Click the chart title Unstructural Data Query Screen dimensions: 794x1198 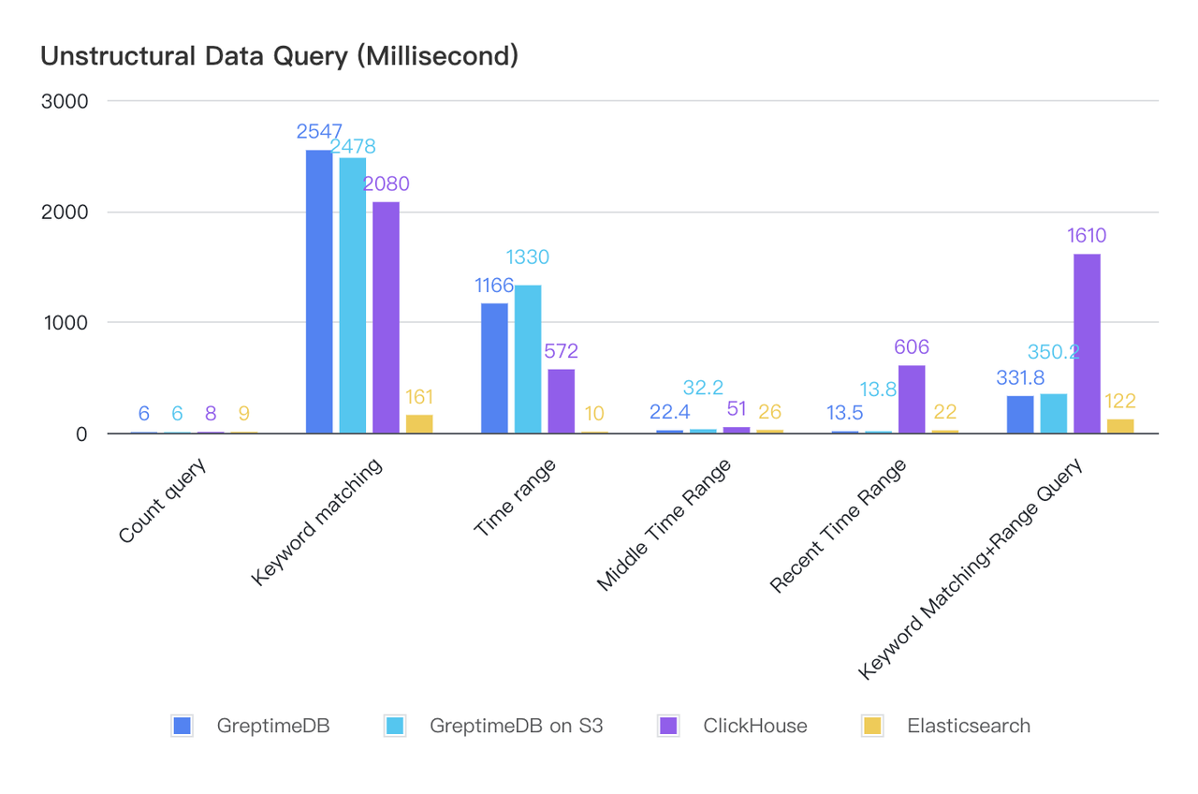[x=279, y=56]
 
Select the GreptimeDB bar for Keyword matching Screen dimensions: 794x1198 [x=319, y=291]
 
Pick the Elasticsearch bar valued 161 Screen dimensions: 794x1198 [x=419, y=423]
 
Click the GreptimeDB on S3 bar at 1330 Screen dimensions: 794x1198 [x=528, y=359]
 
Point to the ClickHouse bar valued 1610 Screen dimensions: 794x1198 [x=1087, y=344]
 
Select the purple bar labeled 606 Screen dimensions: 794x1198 [x=912, y=399]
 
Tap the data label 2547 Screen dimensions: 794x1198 [x=320, y=131]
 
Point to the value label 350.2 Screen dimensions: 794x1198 [x=1054, y=352]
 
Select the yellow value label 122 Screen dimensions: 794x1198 [x=1120, y=402]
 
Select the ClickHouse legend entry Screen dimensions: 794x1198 [x=755, y=726]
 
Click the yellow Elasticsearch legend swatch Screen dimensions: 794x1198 [x=872, y=726]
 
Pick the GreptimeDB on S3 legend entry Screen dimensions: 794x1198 [x=517, y=726]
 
